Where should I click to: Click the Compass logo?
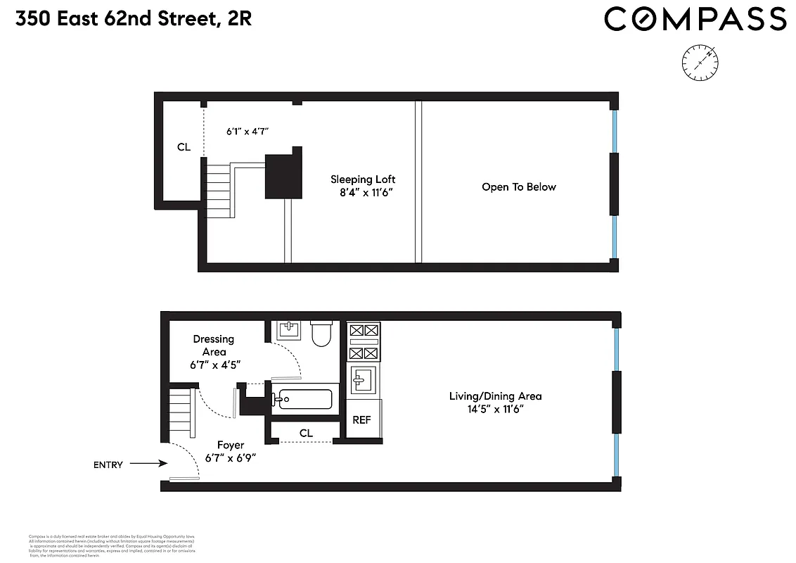[x=695, y=19]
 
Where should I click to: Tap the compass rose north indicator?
[x=699, y=61]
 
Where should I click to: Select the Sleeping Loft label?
[x=361, y=186]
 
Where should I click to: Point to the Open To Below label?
[x=518, y=187]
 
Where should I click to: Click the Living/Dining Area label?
[x=495, y=402]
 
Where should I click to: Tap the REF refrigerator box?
[x=361, y=420]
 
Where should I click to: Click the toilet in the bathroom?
[x=321, y=334]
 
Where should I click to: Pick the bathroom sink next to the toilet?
[x=289, y=329]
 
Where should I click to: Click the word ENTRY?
[x=108, y=464]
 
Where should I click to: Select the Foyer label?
[x=231, y=451]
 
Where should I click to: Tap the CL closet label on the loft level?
[x=184, y=147]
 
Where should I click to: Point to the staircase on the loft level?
[x=219, y=187]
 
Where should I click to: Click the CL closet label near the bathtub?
[x=306, y=433]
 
